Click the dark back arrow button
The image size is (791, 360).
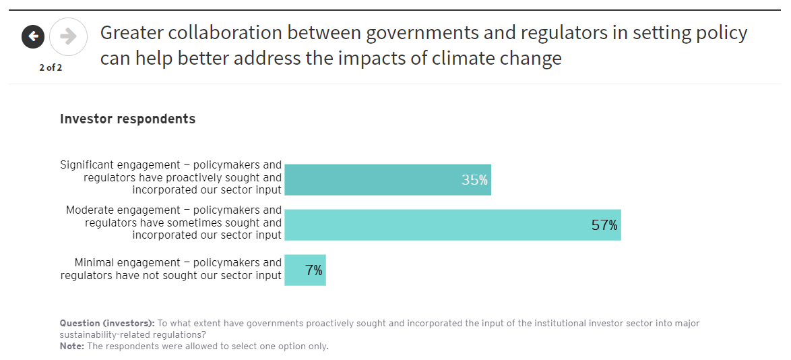33,36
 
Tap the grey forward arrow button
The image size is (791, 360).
68,36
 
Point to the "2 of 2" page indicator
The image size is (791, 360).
51,67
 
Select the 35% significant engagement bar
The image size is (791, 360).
387,180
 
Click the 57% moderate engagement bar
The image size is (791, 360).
452,225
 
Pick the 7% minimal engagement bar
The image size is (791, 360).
305,270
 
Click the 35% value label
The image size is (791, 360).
474,180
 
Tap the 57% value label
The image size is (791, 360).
604,225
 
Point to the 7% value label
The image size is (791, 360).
313,270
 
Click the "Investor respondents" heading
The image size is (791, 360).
128,119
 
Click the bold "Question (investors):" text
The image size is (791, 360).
107,324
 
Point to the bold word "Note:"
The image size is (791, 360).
71,347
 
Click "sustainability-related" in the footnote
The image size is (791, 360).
108,335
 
